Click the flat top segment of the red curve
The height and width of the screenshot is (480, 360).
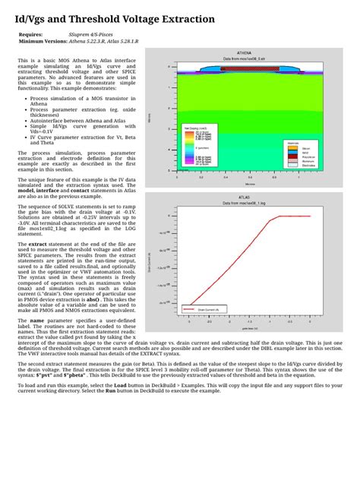[x=300, y=216]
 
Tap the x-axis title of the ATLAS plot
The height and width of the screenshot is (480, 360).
[x=251, y=329]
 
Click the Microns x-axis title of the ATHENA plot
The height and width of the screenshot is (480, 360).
[x=251, y=183]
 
